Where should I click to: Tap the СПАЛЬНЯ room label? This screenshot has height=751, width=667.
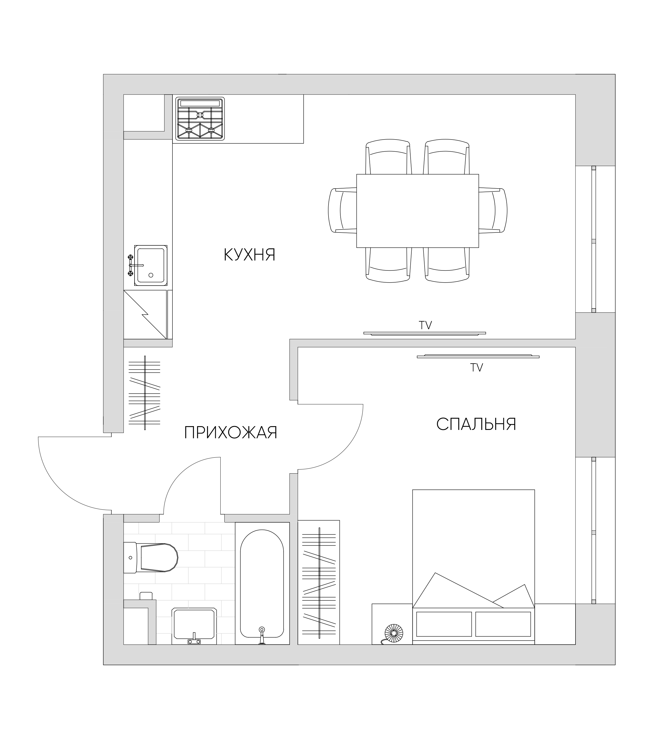tap(477, 424)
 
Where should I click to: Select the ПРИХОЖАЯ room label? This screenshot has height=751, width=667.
tap(231, 433)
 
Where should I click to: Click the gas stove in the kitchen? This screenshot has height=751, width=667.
tap(200, 119)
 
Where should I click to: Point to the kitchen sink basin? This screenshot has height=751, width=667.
tap(150, 266)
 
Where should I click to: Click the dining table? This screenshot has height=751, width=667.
tap(417, 211)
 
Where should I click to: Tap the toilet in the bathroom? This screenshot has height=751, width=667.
tap(150, 558)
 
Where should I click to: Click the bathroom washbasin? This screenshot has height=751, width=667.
tap(194, 626)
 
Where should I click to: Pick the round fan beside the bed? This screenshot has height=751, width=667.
tap(394, 633)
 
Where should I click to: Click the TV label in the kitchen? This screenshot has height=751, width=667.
tap(425, 325)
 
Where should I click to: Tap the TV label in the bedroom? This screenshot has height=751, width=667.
tap(477, 367)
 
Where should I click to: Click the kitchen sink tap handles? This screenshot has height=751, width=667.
tap(130, 265)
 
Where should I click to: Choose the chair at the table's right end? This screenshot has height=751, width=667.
tap(493, 211)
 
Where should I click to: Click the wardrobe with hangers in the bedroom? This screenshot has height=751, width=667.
tap(319, 582)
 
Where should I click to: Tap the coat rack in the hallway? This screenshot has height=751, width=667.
tap(145, 393)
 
